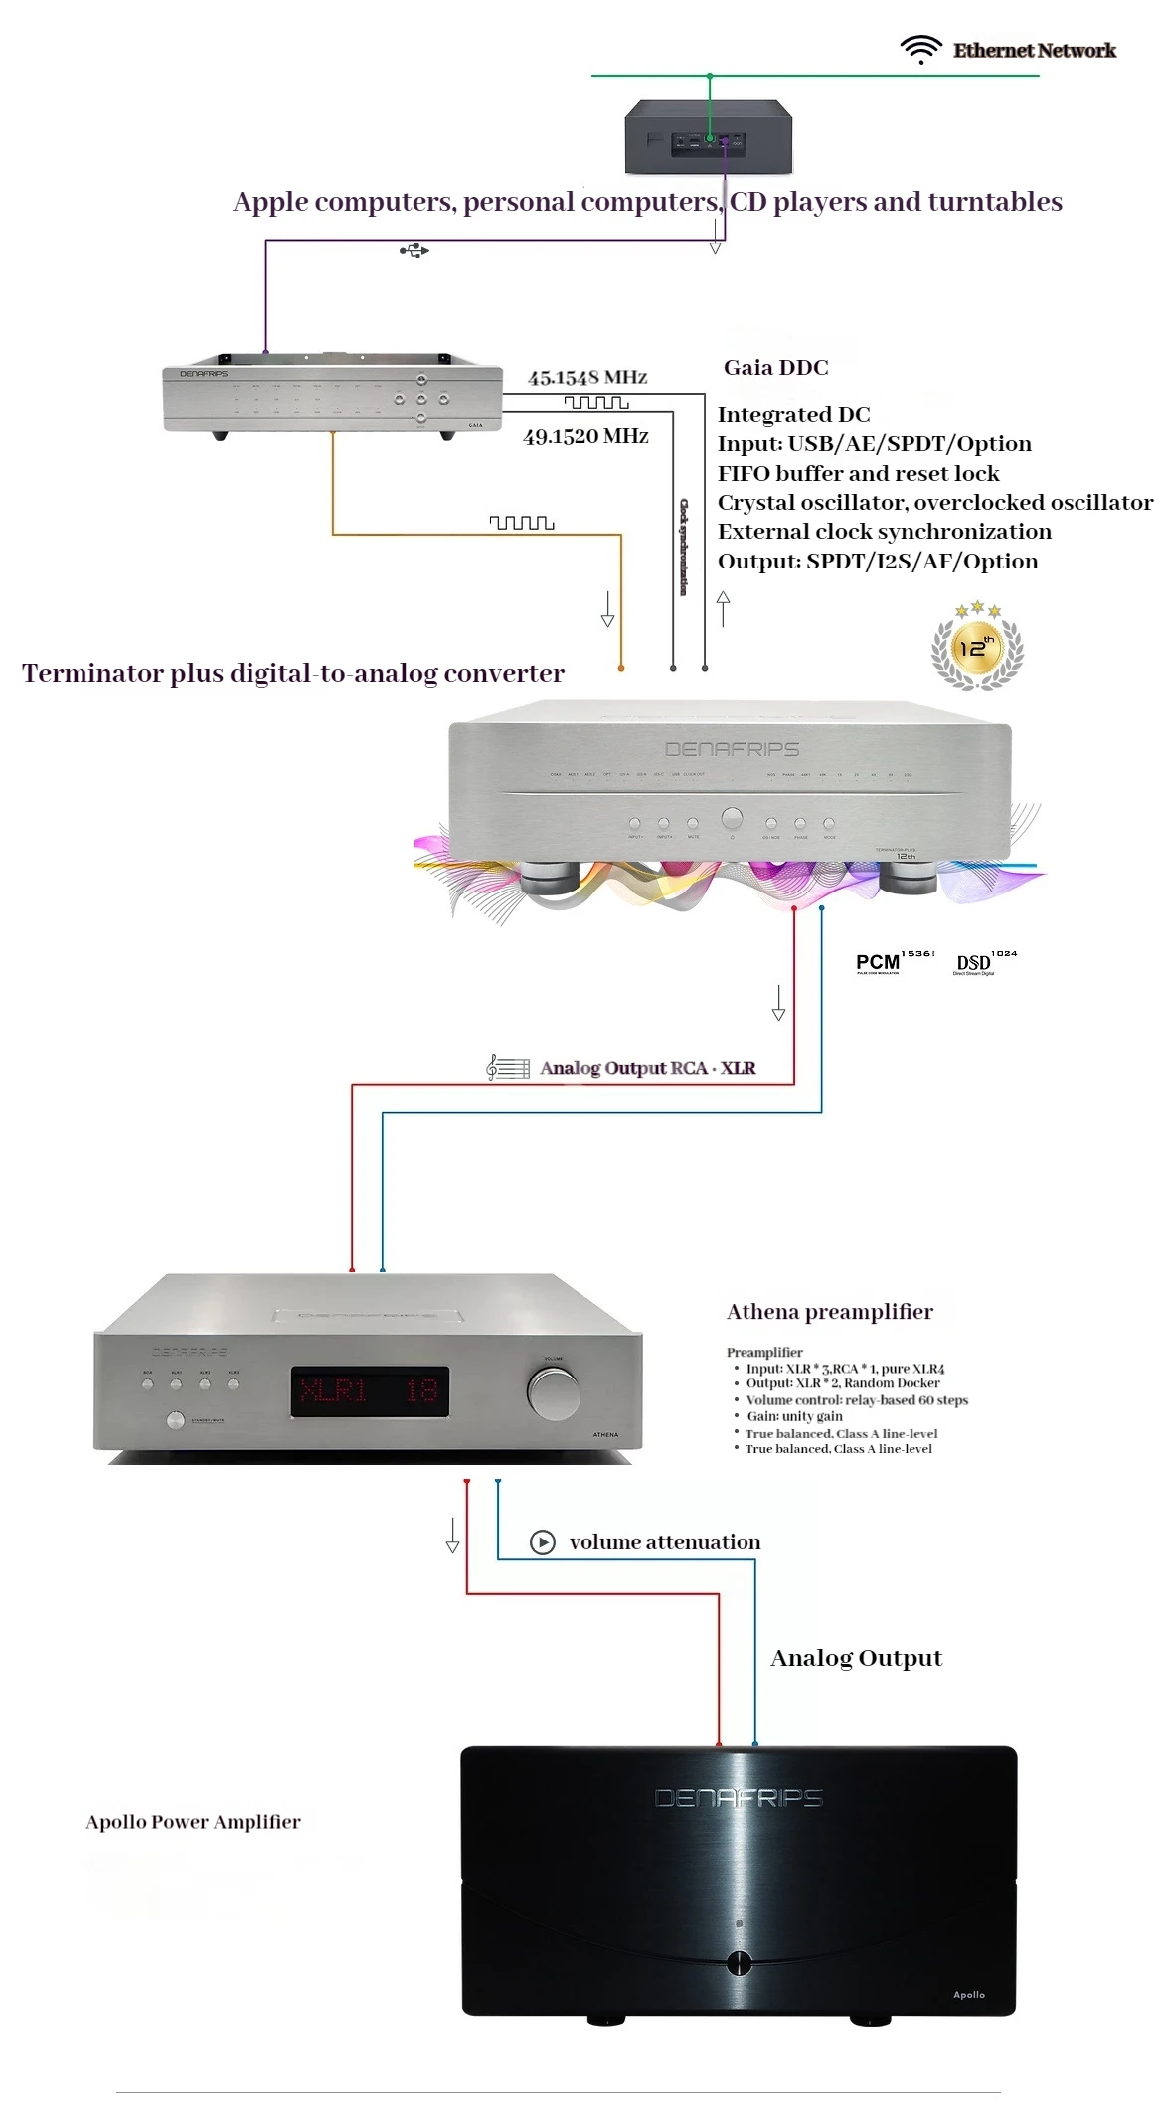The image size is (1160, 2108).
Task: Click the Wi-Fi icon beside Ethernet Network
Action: pos(920,49)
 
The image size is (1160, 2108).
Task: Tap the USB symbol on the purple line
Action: pos(414,250)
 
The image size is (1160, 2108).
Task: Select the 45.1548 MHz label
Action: pos(587,378)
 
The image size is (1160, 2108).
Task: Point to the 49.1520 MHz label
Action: pos(585,436)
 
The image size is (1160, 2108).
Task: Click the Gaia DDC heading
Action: pos(775,368)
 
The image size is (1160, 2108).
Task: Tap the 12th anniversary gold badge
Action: pos(977,646)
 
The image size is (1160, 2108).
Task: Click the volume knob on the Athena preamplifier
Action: pos(554,1392)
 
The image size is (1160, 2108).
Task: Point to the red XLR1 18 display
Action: pos(370,1390)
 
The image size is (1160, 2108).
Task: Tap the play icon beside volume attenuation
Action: pos(542,1541)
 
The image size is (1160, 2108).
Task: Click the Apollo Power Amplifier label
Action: pos(193,1822)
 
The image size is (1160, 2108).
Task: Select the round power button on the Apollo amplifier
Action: pos(739,1962)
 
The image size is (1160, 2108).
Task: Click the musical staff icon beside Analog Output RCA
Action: pos(507,1068)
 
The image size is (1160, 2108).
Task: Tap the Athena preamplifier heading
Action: pos(829,1312)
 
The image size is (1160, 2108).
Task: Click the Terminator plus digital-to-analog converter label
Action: pos(293,674)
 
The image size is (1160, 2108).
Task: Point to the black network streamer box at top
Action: pos(708,137)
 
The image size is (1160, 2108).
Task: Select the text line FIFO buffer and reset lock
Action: pos(858,473)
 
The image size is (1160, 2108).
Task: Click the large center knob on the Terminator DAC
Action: pos(732,819)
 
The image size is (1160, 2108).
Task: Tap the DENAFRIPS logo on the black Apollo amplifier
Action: pos(738,1797)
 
